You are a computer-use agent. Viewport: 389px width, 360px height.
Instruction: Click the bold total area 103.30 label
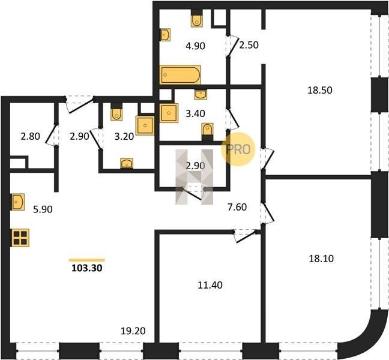[x=87, y=268]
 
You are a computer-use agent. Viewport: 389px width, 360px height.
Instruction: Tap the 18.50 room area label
[x=320, y=90]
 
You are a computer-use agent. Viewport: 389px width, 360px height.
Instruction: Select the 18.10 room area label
[x=321, y=259]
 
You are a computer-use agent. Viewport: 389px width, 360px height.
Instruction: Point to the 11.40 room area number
[x=210, y=285]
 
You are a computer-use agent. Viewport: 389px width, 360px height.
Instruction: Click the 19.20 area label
[x=133, y=331]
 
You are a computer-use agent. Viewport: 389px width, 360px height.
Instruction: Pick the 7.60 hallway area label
[x=237, y=207]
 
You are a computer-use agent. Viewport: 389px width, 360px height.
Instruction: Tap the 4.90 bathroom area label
[x=196, y=46]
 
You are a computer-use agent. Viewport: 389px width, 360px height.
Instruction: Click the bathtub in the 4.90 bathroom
[x=180, y=74]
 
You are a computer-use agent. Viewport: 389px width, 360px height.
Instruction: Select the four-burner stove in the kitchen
[x=20, y=238]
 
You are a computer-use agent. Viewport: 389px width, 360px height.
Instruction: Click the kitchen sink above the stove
[x=18, y=202]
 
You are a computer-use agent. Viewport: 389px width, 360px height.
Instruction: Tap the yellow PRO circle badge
[x=238, y=149]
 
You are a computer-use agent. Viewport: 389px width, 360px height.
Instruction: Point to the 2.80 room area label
[x=30, y=136]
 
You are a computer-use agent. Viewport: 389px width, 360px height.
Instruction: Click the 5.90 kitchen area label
[x=43, y=209]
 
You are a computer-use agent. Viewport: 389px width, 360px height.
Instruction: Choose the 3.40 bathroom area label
[x=196, y=113]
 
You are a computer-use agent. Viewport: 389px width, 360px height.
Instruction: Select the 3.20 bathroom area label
[x=124, y=136]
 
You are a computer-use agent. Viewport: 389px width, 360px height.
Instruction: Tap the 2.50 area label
[x=249, y=45]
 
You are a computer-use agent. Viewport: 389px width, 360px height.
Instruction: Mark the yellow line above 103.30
[x=87, y=260]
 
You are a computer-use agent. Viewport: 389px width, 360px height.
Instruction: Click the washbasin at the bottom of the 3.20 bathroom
[x=127, y=163]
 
